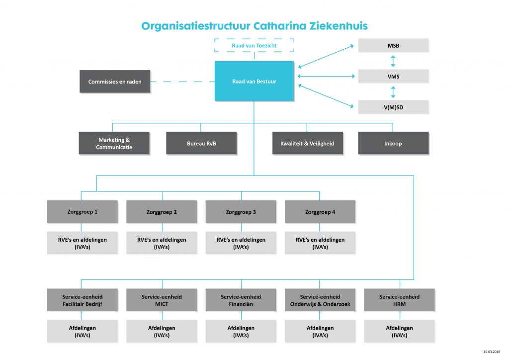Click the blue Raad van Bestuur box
pos(254,81)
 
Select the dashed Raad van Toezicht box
pos(254,46)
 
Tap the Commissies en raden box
pos(115,82)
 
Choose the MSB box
pos(393,46)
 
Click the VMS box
pos(393,77)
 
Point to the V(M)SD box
pos(393,107)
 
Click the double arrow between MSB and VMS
pos(393,61)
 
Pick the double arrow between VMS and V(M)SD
pos(393,92)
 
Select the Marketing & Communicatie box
pos(114,143)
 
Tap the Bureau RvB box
pos(201,143)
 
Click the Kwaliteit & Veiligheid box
pos(307,143)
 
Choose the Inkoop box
pos(393,143)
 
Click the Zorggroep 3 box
pos(241,212)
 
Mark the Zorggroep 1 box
pos(83,212)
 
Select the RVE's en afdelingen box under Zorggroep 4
pos(320,243)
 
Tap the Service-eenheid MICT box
pos(162,300)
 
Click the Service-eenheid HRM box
pos(399,300)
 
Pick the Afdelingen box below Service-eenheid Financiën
pos(241,331)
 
